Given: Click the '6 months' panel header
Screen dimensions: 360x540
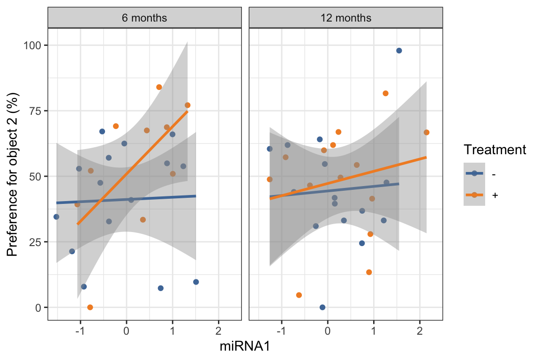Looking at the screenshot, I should (x=144, y=18).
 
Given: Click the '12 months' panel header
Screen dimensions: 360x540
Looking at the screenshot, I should (x=345, y=18).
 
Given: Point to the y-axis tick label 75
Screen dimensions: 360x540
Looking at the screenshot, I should (x=37, y=111).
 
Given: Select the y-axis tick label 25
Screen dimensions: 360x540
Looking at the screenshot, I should (x=37, y=242).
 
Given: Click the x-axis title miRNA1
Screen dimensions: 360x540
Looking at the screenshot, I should (x=245, y=347).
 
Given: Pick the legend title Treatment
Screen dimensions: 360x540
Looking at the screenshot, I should (x=495, y=150).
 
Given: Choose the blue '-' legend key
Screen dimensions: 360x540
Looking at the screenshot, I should (x=474, y=173).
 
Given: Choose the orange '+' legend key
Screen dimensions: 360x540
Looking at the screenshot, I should (x=474, y=195).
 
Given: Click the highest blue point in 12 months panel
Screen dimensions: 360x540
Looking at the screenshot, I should (x=399, y=51).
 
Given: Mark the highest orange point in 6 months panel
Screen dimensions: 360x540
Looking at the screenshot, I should (x=159, y=87).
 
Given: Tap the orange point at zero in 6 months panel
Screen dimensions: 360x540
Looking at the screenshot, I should (x=90, y=307).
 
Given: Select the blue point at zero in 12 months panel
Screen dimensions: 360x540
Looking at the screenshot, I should (x=322, y=307).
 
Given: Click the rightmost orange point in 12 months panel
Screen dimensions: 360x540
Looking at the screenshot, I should (x=427, y=133).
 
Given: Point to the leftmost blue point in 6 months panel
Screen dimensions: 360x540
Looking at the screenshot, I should (x=56, y=217).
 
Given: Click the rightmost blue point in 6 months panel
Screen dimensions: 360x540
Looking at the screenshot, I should (x=196, y=282).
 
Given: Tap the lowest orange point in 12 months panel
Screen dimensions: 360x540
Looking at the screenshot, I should (x=299, y=295).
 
